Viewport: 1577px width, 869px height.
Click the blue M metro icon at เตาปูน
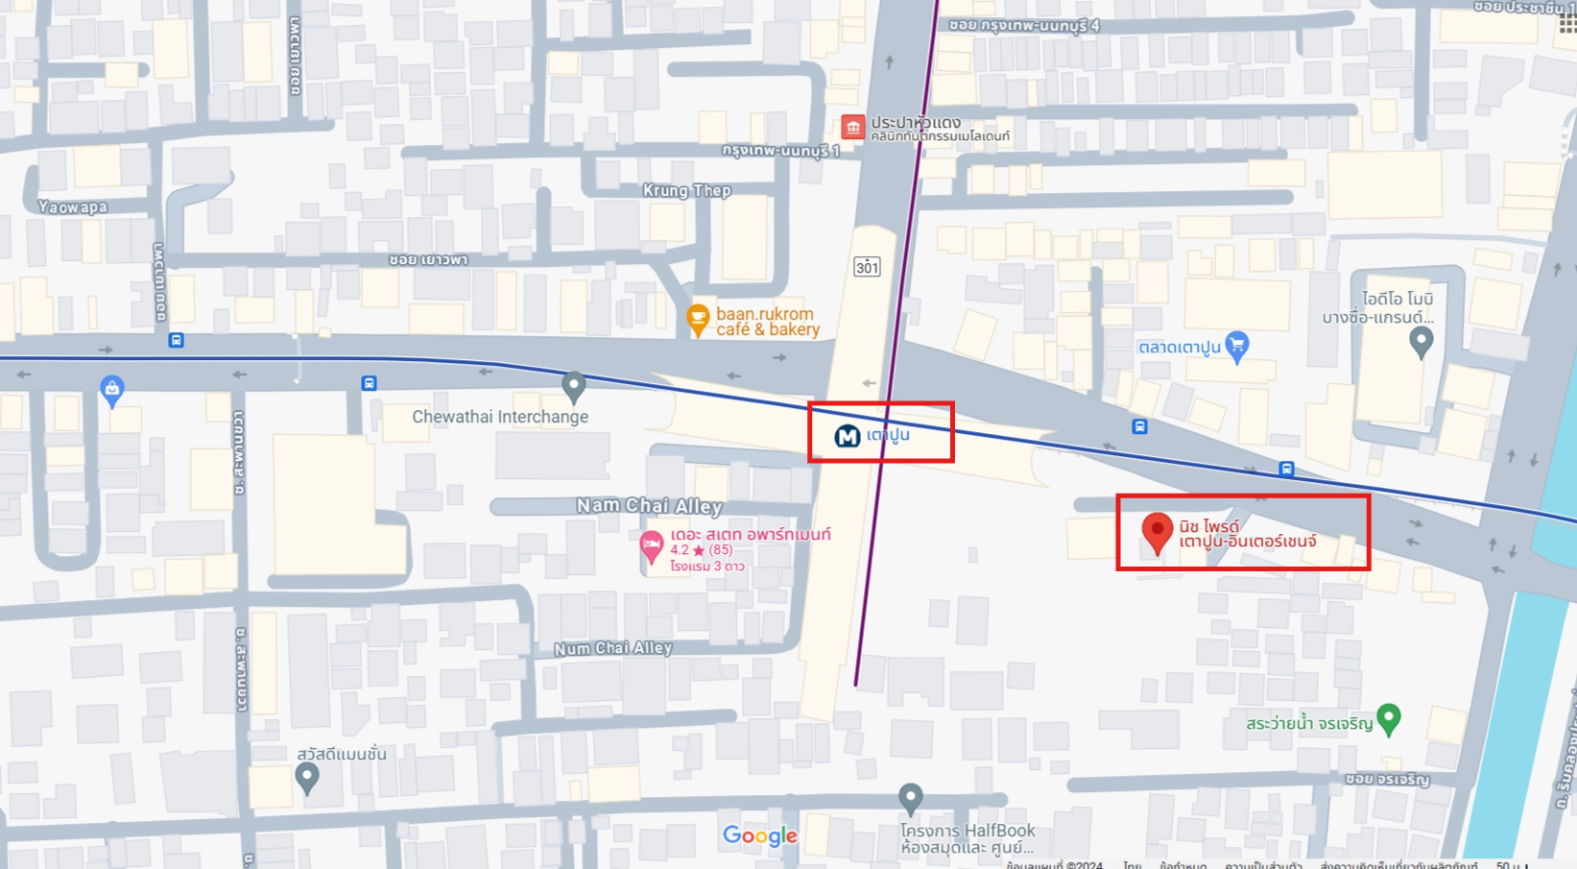[847, 437]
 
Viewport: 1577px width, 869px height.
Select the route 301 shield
[867, 267]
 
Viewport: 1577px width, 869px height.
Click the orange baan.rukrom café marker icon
[698, 319]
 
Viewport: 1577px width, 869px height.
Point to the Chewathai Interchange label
[500, 417]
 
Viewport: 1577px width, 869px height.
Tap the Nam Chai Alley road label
[649, 505]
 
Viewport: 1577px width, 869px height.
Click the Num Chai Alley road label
[612, 648]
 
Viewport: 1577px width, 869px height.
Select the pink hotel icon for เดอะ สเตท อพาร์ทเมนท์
[652, 545]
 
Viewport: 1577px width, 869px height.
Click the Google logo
[760, 835]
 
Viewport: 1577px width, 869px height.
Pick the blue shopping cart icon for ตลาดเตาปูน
[1237, 345]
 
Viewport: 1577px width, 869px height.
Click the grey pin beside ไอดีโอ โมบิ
[1421, 340]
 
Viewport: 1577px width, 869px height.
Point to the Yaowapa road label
[73, 206]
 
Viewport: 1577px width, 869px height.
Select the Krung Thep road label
[686, 190]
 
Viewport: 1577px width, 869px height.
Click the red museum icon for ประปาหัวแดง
[852, 127]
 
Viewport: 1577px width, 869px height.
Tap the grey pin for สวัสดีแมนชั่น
[306, 776]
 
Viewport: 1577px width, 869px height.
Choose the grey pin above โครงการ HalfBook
[910, 797]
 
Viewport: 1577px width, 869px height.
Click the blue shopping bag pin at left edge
[111, 389]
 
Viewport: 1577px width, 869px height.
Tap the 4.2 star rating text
[701, 550]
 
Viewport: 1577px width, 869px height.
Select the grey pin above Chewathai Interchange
[573, 385]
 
